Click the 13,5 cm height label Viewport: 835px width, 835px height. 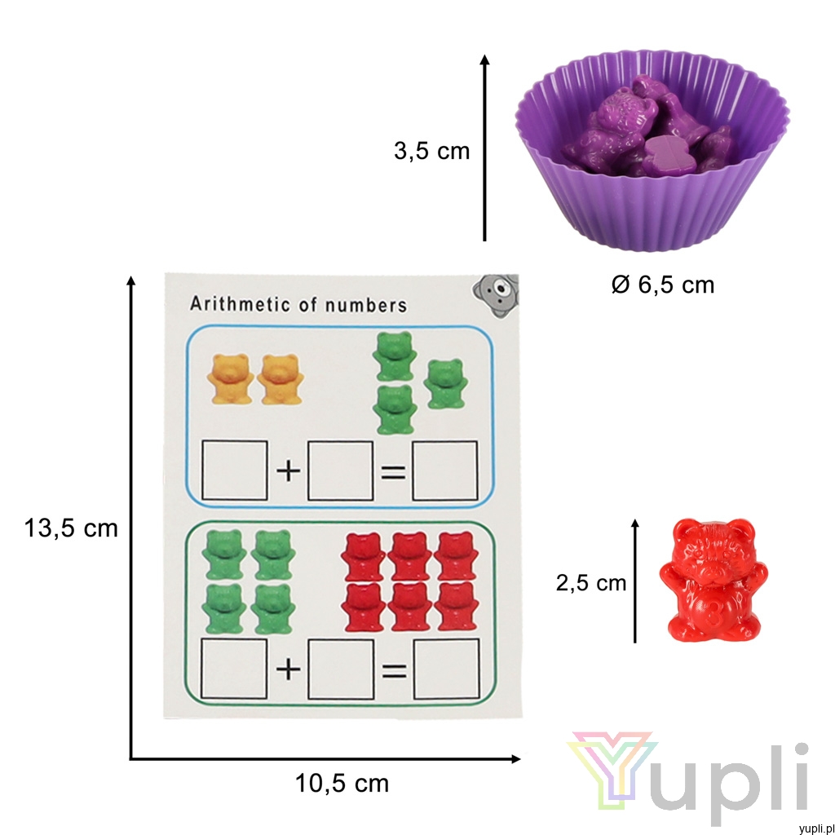(x=71, y=528)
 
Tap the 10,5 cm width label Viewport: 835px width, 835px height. (x=342, y=784)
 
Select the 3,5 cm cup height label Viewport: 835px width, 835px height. (x=432, y=151)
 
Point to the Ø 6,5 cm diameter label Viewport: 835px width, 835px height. (x=662, y=285)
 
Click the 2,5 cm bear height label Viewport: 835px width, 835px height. (x=591, y=583)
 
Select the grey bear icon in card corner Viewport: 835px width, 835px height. (x=496, y=295)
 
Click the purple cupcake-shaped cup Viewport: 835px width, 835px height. (x=652, y=150)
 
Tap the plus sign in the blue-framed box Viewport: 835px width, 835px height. (x=288, y=471)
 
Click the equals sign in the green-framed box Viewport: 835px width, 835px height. (x=394, y=671)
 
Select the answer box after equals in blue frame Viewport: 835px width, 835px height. (x=445, y=471)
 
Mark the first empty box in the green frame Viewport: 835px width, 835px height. (x=234, y=669)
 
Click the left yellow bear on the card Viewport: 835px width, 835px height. (x=230, y=378)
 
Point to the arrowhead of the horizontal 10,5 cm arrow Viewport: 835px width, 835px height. (x=515, y=759)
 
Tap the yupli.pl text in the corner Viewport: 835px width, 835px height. (x=816, y=828)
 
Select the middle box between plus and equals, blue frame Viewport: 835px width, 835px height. (x=340, y=471)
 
